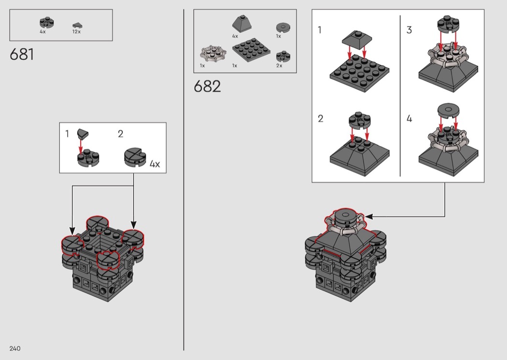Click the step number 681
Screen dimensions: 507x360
[22, 54]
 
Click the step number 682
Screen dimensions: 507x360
[207, 86]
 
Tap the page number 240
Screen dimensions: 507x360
[15, 348]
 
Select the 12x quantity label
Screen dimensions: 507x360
[77, 32]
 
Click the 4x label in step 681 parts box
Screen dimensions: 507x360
[42, 32]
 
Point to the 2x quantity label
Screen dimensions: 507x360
[279, 66]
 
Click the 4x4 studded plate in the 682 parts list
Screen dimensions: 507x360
[251, 50]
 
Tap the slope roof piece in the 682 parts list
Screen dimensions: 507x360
[242, 23]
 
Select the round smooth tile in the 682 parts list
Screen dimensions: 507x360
[283, 28]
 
